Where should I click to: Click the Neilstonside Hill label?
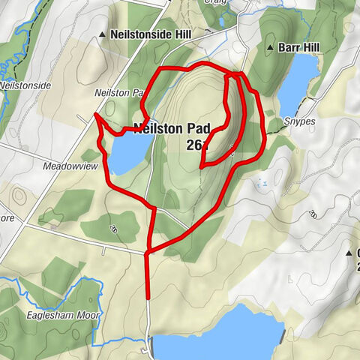(151, 34)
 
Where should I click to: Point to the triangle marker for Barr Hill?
(270, 49)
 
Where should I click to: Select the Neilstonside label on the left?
(26, 85)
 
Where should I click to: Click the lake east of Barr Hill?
(298, 82)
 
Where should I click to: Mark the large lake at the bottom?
(217, 334)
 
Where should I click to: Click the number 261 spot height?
(196, 144)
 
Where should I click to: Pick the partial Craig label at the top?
(215, 3)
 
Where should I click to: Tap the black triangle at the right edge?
(349, 253)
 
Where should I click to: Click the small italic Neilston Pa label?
(118, 93)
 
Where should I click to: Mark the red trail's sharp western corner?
(95, 115)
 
